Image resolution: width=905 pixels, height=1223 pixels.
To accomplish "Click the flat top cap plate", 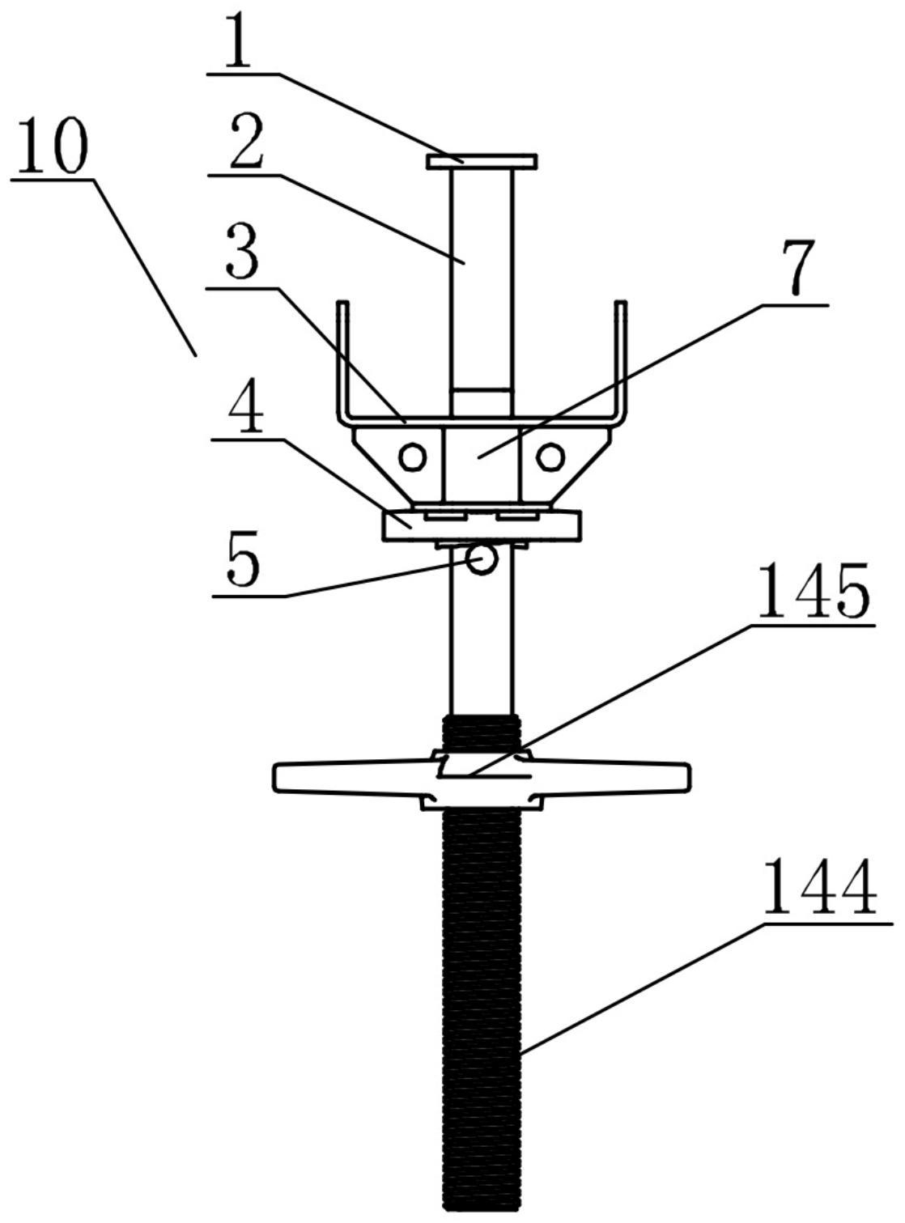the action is [x=482, y=161].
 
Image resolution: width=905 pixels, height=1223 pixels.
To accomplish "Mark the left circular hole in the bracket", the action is [x=413, y=457].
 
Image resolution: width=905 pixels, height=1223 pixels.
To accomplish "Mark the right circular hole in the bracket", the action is [x=550, y=457].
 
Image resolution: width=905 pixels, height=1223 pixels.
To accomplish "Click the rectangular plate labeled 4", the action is [x=482, y=525].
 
